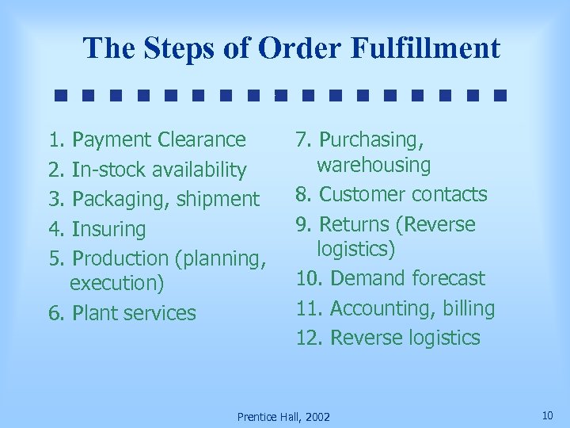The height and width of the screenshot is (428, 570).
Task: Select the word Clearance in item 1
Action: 203,140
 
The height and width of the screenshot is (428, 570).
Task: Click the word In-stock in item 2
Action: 104,170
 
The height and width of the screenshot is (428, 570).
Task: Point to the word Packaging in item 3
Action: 116,200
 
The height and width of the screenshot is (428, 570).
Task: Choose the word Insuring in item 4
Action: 108,230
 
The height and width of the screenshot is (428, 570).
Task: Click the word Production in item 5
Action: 120,258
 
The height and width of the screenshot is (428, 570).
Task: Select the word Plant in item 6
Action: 93,313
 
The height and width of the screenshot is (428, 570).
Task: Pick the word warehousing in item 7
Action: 374,165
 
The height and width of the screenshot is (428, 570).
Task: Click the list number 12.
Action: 309,338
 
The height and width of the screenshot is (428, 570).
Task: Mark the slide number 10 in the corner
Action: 547,415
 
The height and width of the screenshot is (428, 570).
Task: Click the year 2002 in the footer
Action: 317,417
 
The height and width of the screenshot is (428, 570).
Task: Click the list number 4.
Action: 54,230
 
